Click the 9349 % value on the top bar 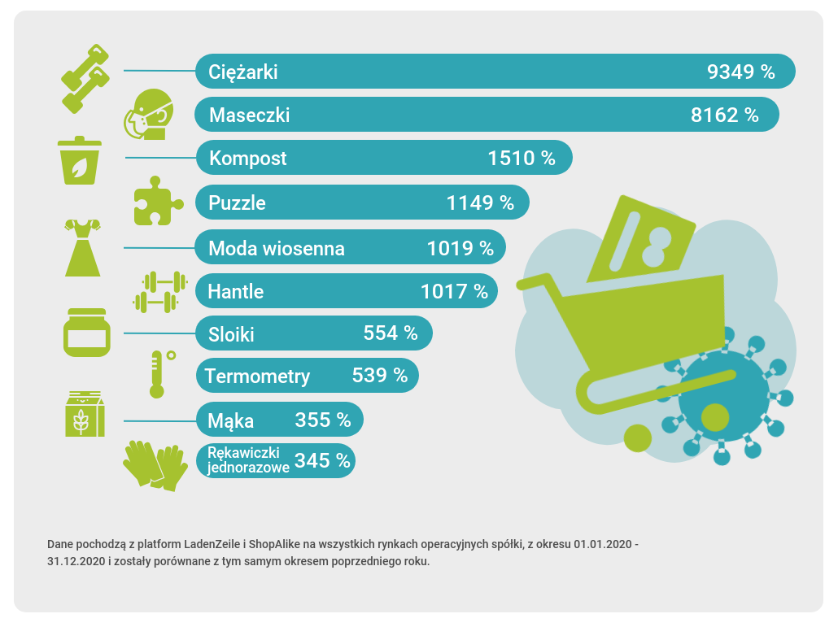tap(741, 72)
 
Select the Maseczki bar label tap(249, 115)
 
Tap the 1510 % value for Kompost tap(522, 158)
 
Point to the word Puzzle tap(237, 202)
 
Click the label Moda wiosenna tap(277, 248)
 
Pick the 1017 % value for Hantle tap(454, 290)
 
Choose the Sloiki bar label tap(231, 333)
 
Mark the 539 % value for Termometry tap(380, 376)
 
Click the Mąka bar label tap(231, 420)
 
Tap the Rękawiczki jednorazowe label tap(244, 460)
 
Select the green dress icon tap(83, 247)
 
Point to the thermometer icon tap(159, 373)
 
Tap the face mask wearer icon tap(151, 114)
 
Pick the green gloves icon tap(155, 465)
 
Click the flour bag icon tap(84, 414)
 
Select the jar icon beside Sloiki tap(85, 332)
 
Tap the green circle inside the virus tap(715, 416)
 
